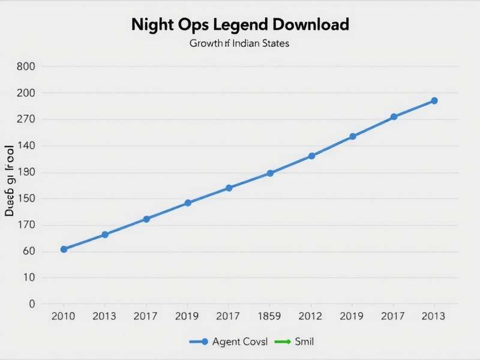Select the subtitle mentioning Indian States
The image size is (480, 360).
(239, 44)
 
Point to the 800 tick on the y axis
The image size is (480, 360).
(27, 67)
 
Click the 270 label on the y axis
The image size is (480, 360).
(27, 119)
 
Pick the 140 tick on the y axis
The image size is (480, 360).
(27, 146)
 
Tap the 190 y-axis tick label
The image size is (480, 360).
(27, 172)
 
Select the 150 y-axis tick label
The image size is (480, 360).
(27, 199)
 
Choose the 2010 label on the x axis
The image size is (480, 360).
(64, 316)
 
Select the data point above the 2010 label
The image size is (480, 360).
(64, 249)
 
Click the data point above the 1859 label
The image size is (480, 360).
(270, 173)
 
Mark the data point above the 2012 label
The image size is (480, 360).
(311, 156)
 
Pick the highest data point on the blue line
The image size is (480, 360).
(434, 101)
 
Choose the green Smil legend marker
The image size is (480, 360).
(283, 342)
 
